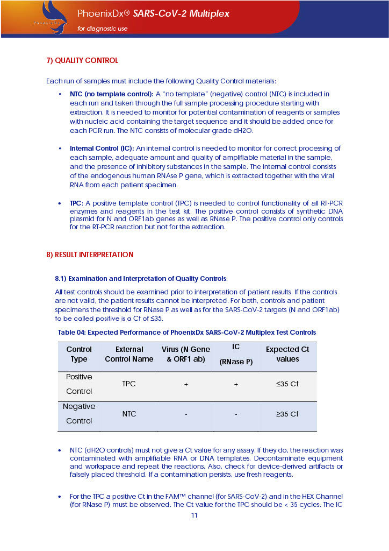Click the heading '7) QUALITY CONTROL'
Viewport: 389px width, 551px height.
[82, 60]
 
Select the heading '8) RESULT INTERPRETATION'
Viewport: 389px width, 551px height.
[90, 255]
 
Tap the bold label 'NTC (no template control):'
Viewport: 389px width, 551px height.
[111, 94]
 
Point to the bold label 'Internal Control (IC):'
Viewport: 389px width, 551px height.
[102, 148]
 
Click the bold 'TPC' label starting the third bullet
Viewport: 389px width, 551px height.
[75, 203]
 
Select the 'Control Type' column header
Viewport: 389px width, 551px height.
[79, 354]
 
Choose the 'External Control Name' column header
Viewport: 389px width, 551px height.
[129, 354]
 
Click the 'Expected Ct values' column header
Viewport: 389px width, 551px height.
[287, 354]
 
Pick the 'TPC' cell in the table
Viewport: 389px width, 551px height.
[129, 384]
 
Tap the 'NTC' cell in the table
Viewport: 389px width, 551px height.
[129, 414]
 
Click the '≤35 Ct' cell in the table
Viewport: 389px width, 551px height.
[287, 384]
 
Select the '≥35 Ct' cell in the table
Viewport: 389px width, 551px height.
[287, 414]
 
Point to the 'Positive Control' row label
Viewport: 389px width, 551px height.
[79, 384]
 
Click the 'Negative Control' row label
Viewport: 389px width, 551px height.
[79, 414]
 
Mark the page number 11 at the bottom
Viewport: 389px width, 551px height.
[195, 515]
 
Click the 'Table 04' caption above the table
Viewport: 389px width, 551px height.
[186, 332]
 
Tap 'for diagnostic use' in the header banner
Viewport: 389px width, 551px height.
[103, 29]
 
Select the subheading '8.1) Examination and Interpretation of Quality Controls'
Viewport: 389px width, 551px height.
[141, 278]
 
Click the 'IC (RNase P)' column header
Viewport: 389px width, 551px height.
[236, 354]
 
